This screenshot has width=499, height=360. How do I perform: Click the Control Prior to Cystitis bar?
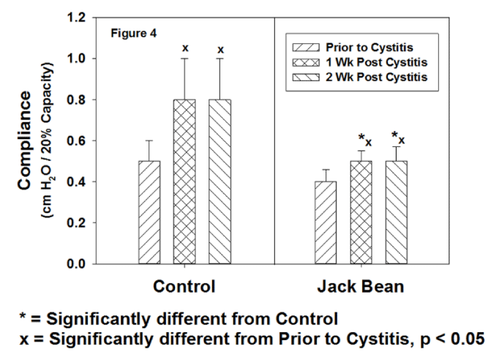[149, 212]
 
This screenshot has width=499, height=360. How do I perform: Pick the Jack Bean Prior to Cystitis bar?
[326, 222]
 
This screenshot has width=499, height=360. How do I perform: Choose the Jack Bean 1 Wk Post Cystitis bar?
[361, 212]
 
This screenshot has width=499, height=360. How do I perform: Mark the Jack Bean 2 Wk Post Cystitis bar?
[396, 212]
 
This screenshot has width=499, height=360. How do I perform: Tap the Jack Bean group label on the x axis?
[360, 286]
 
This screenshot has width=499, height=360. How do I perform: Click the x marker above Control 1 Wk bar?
[185, 48]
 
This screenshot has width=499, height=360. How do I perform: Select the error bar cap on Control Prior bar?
[149, 140]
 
